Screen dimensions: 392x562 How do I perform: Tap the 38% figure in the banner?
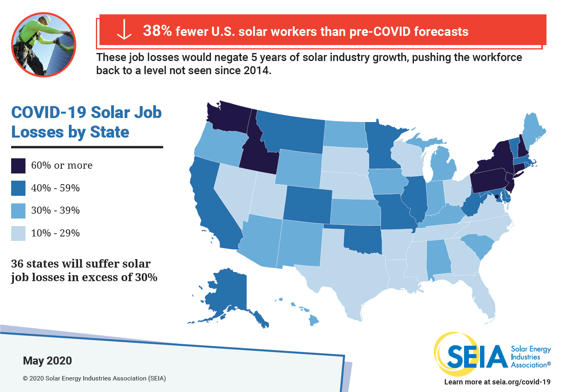pos(157,31)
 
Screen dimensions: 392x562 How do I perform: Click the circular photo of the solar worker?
pos(43,45)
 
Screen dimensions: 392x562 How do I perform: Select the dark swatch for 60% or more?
pos(18,166)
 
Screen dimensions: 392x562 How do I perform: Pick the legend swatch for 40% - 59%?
pos(18,188)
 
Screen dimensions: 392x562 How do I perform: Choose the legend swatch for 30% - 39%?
pos(18,211)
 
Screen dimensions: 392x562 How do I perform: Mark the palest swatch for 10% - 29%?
pos(18,233)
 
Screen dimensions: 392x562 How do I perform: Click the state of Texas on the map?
pos(350,271)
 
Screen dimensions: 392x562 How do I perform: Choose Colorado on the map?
pos(307,205)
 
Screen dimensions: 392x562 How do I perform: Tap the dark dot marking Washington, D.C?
pos(496,197)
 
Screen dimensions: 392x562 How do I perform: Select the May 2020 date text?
pos(47,361)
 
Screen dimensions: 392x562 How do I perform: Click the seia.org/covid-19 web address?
pos(521,382)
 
